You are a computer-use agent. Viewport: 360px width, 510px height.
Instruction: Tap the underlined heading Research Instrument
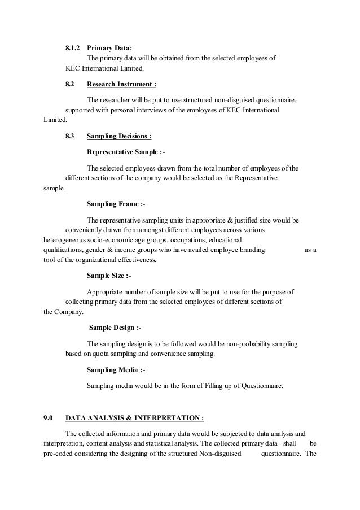121,85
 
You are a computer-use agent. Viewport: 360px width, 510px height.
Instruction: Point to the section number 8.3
71,137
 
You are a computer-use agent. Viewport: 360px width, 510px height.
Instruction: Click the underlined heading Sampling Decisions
118,137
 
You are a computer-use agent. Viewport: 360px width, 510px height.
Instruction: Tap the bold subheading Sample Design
115,328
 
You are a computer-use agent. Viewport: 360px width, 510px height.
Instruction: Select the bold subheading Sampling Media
116,370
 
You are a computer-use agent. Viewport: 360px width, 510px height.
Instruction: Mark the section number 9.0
49,419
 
